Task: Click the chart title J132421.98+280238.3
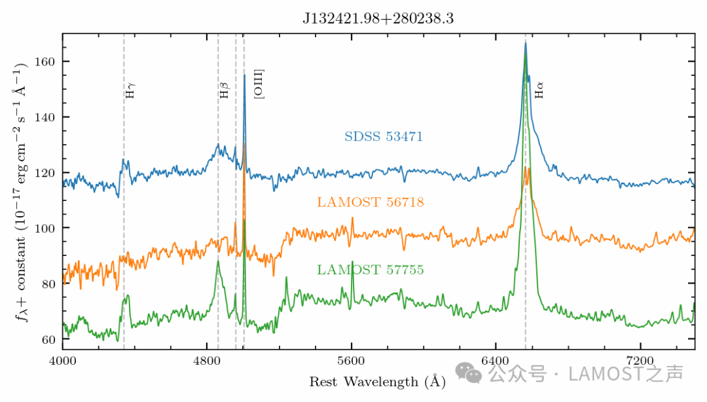pos(378,19)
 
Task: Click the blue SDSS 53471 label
pos(384,137)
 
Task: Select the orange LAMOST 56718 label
pos(371,202)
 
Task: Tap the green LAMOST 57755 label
pos(371,270)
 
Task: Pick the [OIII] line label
pos(259,83)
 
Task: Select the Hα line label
pos(539,90)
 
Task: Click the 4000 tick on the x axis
pos(62,361)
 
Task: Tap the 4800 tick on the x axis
pos(207,361)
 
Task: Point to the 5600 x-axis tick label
pos(352,361)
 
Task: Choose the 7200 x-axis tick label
pos(640,361)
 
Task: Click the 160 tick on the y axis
pos(47,62)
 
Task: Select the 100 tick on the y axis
pos(47,228)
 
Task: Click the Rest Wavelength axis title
pos(378,381)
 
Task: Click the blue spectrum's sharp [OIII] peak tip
pos(244,75)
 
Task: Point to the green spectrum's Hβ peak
pos(218,261)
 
